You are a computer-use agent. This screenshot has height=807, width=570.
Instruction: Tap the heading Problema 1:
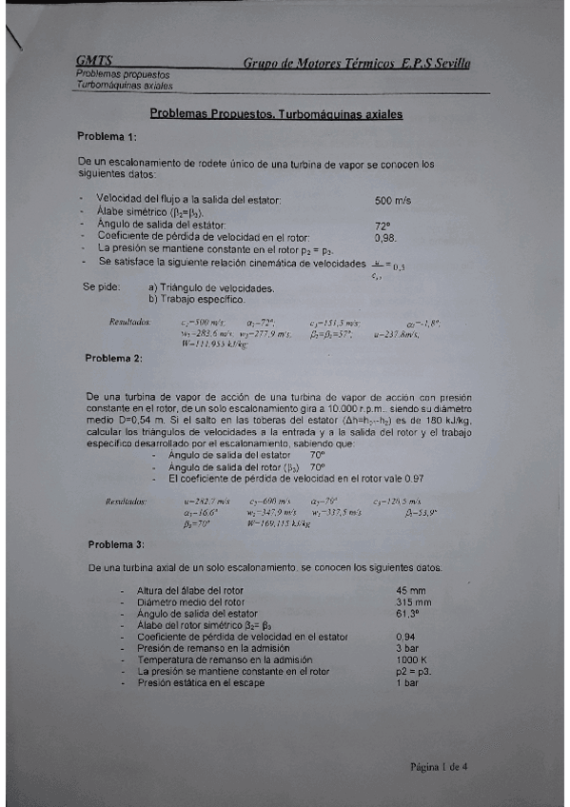click(107, 136)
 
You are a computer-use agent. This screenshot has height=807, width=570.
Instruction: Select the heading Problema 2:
click(113, 358)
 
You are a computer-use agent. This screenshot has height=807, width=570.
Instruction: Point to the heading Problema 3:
click(116, 543)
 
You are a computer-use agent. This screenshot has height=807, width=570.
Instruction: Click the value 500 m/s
click(393, 201)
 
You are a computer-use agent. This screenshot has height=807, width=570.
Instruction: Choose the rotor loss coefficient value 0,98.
click(386, 237)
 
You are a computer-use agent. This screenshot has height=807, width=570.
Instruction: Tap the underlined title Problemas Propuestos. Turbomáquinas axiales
click(276, 114)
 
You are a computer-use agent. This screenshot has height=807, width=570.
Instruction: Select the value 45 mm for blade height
click(411, 590)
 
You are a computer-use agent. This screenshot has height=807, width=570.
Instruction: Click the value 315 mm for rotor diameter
click(414, 601)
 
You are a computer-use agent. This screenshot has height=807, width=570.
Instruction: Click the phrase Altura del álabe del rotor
click(190, 590)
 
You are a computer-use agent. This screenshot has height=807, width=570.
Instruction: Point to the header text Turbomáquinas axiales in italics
click(125, 85)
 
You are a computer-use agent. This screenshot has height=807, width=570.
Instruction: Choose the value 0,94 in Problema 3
click(406, 636)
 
